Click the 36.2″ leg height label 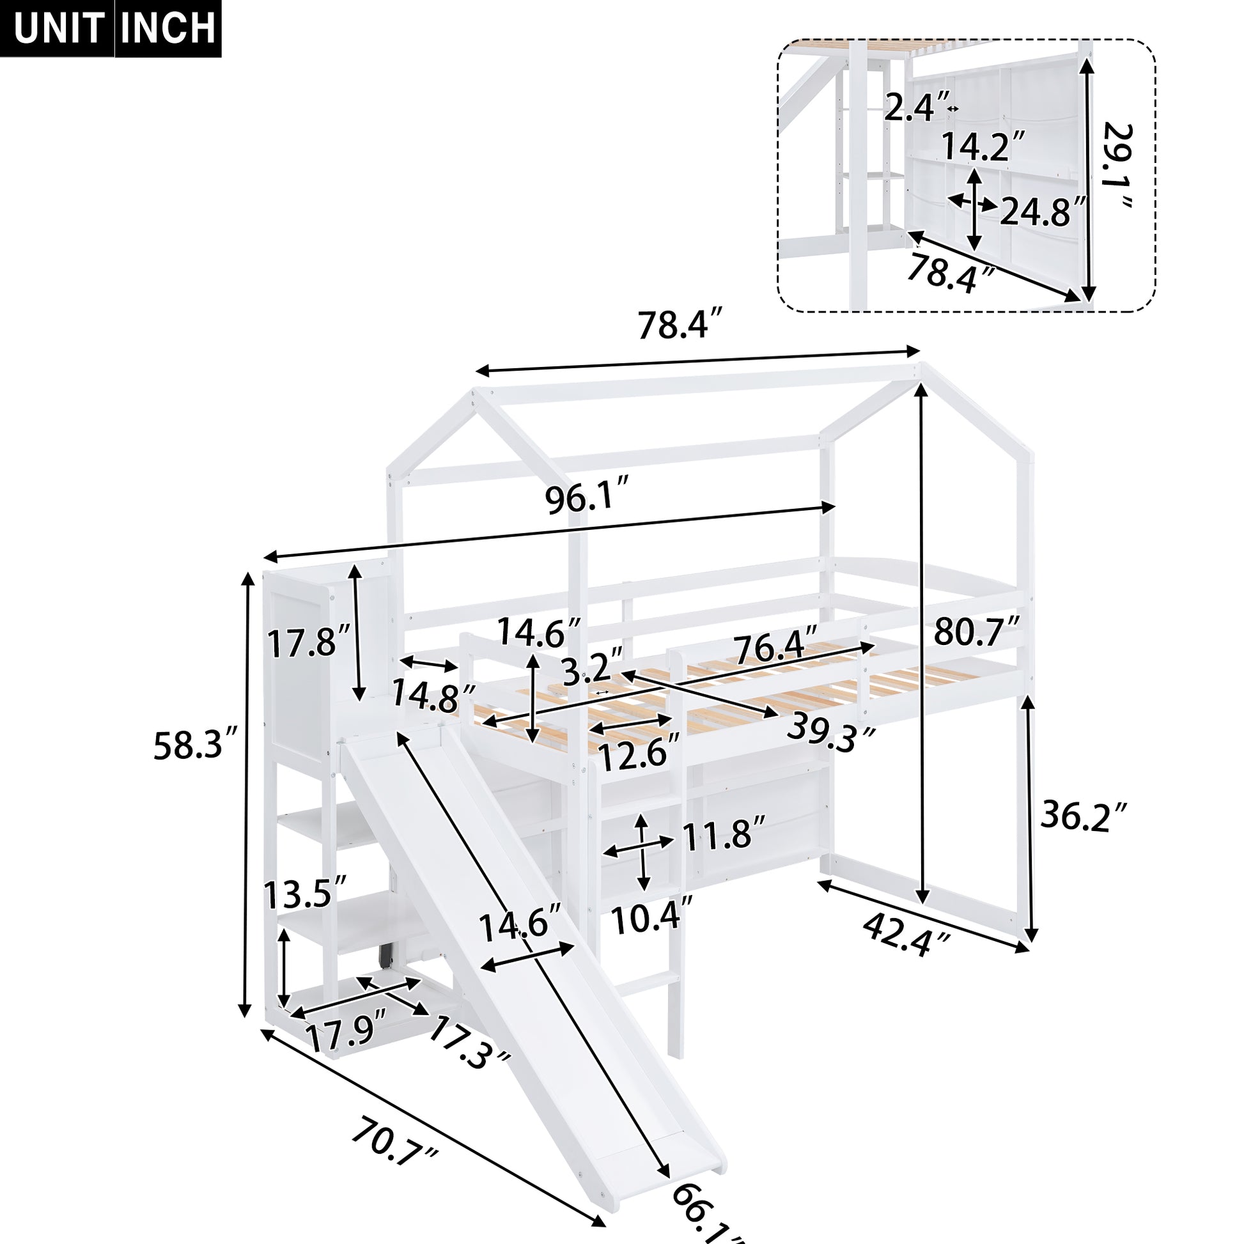tap(1084, 816)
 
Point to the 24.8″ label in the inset tap(1043, 210)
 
